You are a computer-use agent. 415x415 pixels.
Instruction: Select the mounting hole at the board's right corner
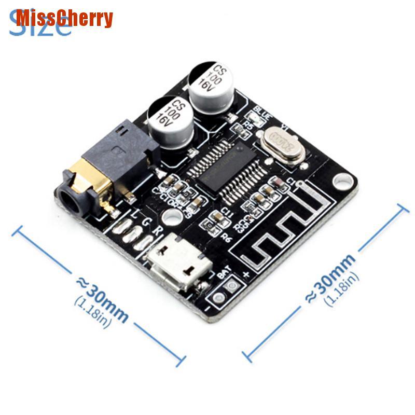pyautogui.click(x=341, y=182)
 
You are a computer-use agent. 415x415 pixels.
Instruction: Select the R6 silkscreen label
pyautogui.click(x=226, y=236)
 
